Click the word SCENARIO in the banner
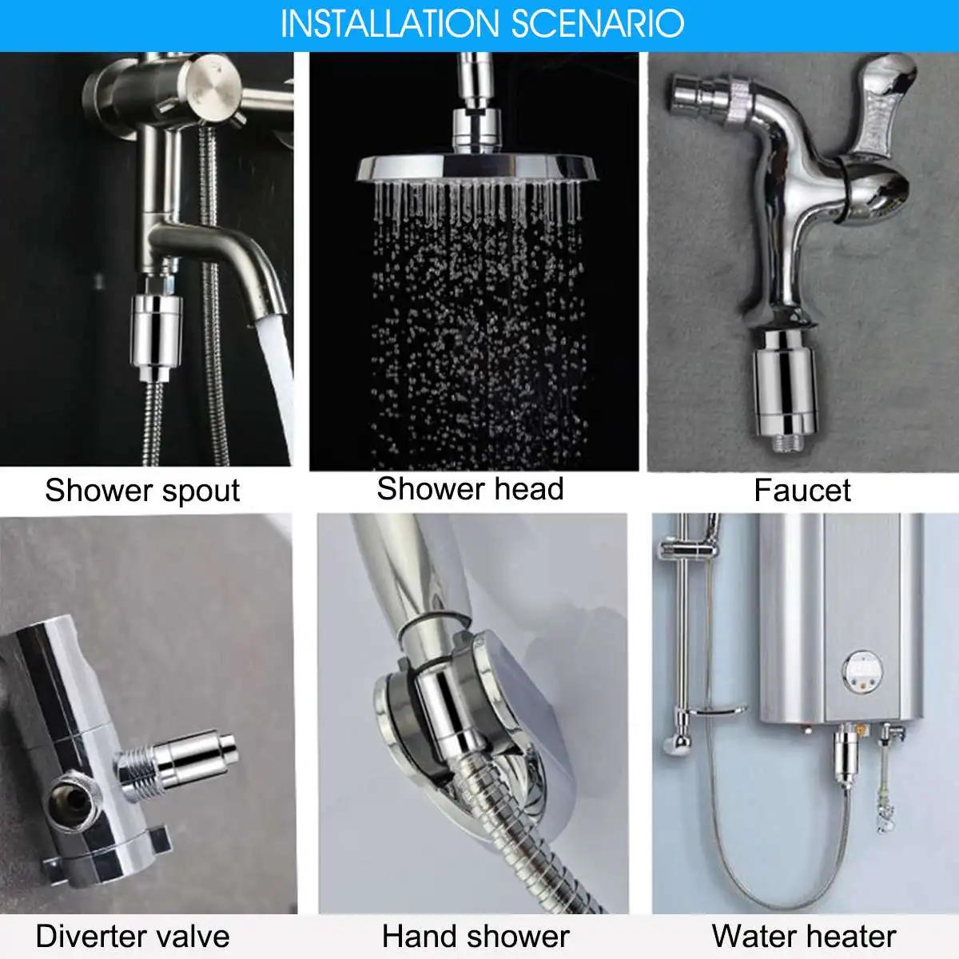tap(597, 24)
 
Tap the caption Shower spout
tap(142, 491)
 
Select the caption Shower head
tap(470, 489)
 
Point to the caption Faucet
tap(802, 491)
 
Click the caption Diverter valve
tap(133, 936)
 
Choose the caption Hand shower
tap(476, 936)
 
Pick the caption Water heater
tap(804, 936)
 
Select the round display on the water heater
tap(865, 671)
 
